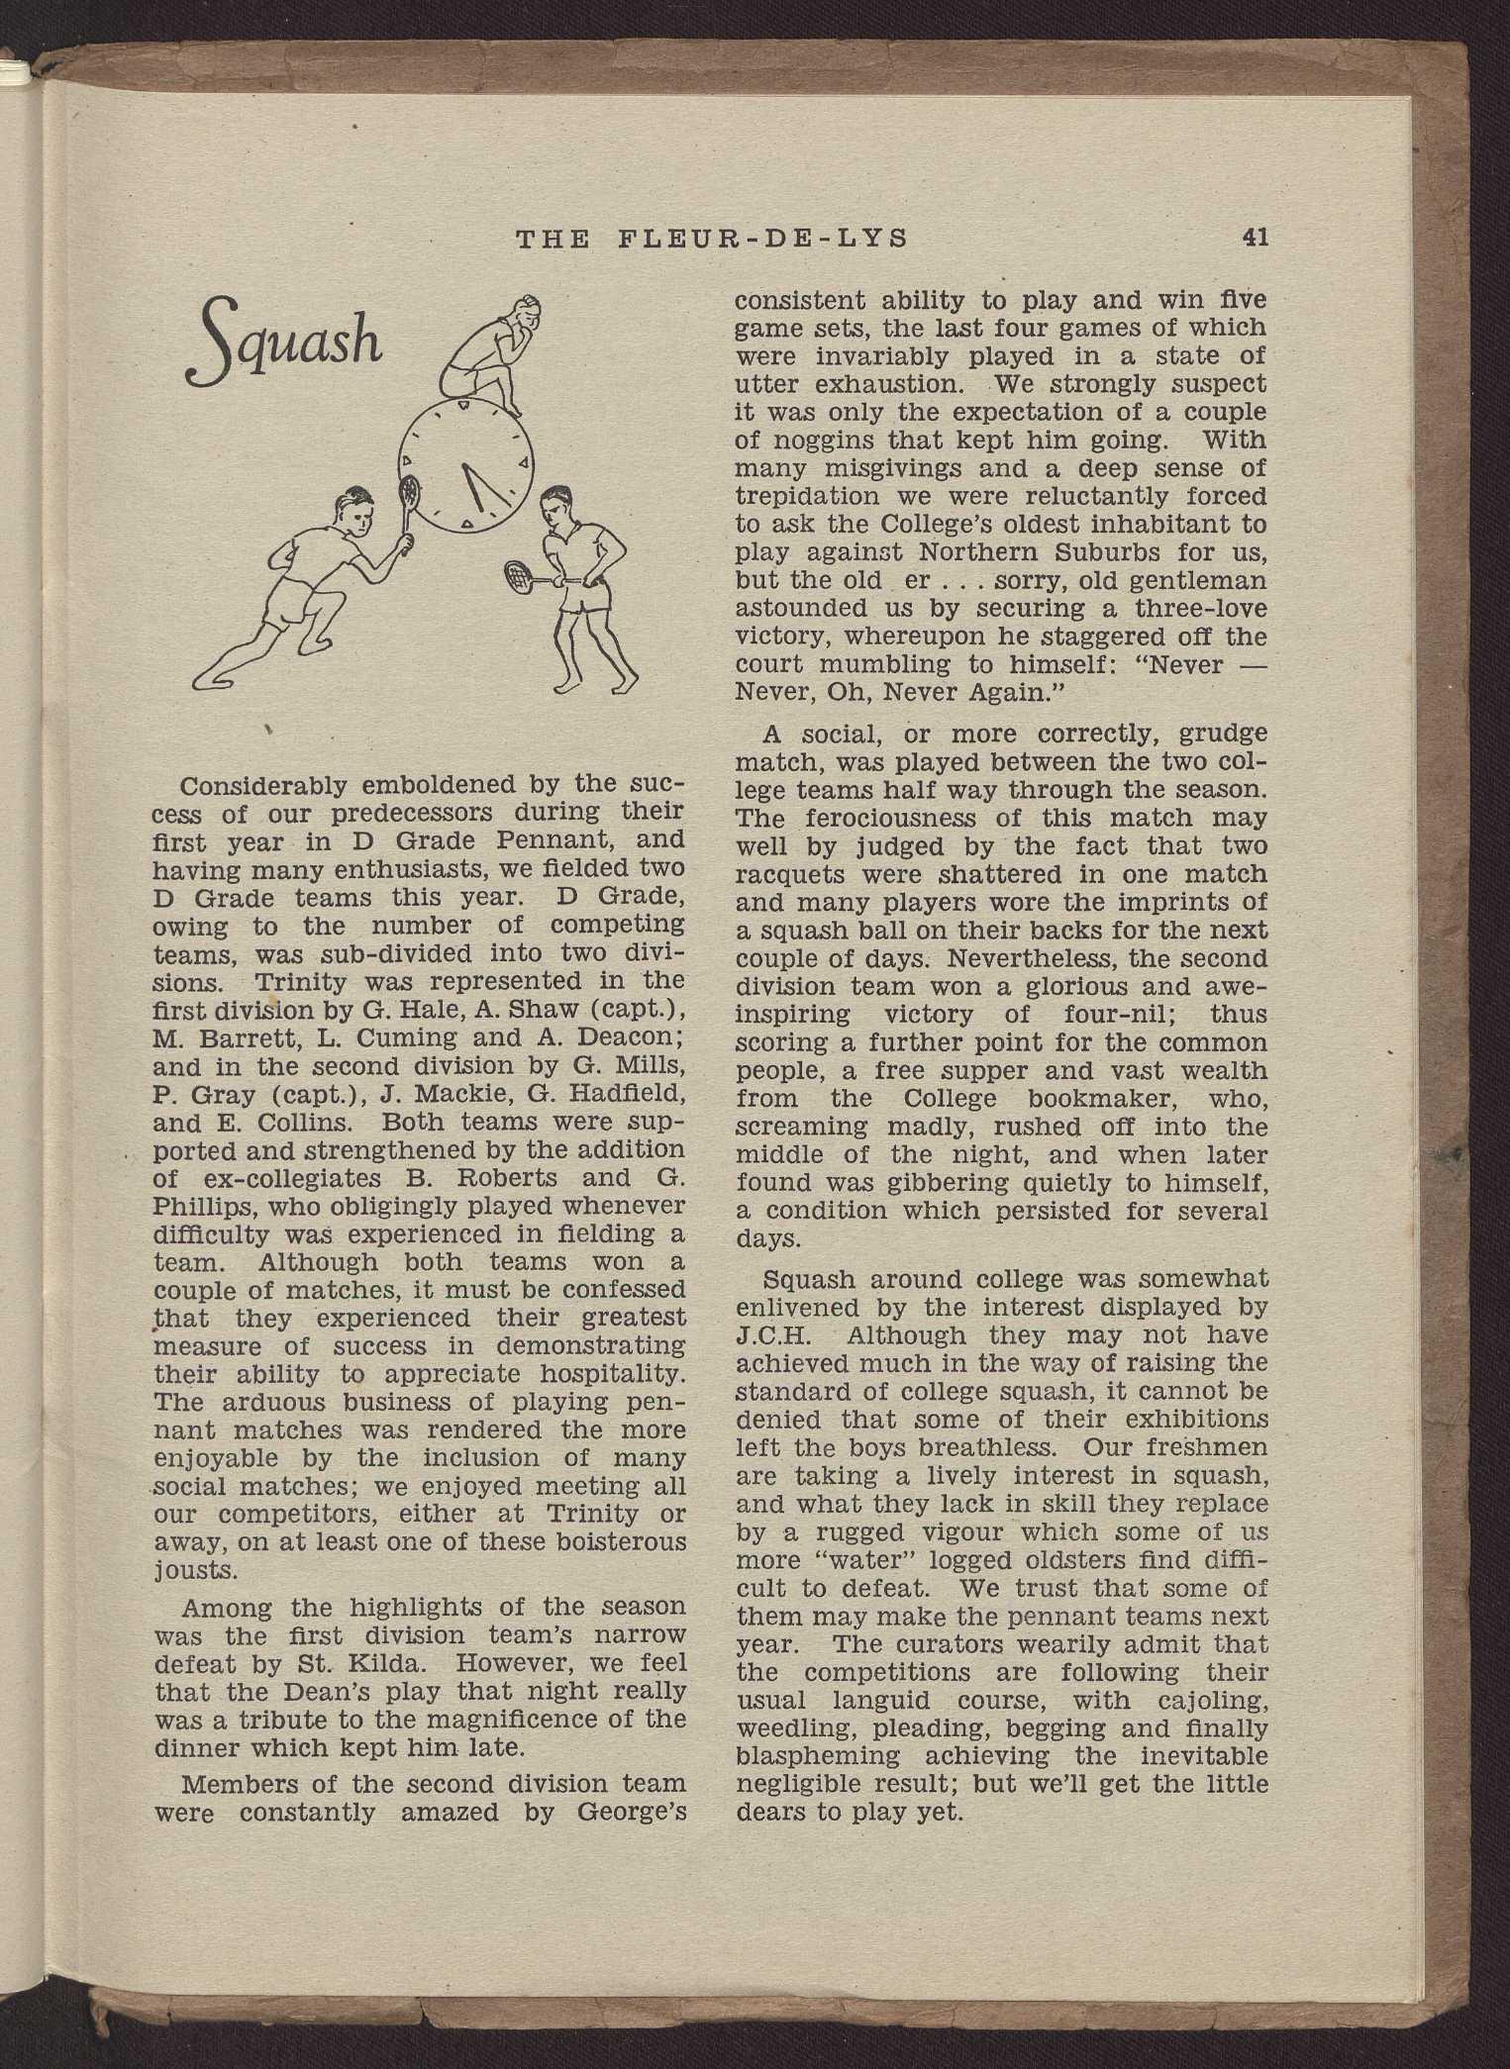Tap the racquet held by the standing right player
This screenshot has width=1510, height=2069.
click(522, 573)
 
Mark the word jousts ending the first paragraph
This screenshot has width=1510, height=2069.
click(197, 1571)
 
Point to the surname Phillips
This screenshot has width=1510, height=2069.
click(202, 1207)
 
